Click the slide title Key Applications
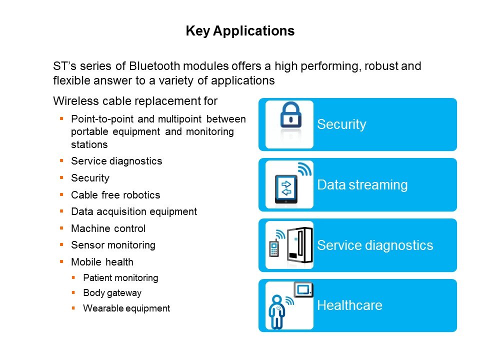pos(240,31)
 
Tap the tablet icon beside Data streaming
pos(286,189)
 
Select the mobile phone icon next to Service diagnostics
pos(273,248)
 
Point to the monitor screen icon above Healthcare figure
pos(303,289)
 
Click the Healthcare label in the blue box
pos(349,305)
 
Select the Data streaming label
pos(362,185)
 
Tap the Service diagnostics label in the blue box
pos(374,245)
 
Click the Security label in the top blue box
pos(341,124)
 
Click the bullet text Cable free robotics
pos(115,195)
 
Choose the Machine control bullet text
pos(108,228)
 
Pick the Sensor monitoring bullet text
pos(113,245)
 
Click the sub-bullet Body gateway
pos(112,293)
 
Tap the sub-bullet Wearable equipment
pos(126,308)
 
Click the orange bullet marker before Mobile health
pos(61,261)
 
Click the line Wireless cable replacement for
pos(135,101)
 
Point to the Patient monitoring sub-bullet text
pos(120,277)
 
